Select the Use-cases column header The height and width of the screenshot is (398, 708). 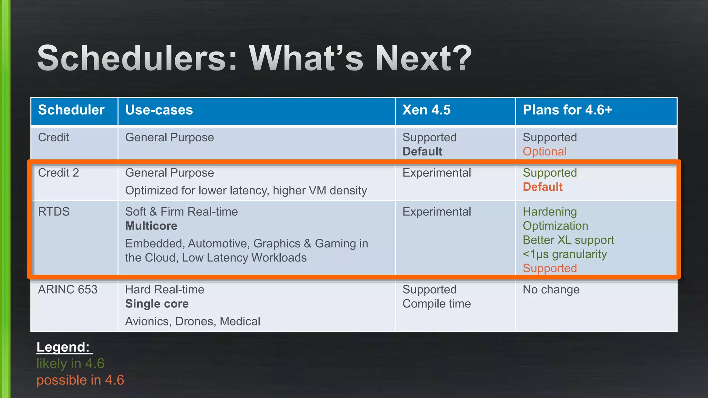point(159,110)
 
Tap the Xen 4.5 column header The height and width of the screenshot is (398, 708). point(426,110)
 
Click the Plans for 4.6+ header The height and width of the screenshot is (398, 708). point(567,110)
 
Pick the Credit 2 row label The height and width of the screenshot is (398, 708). point(58,173)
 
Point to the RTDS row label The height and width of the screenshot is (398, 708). point(54,211)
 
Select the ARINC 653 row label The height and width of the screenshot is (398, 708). point(68,290)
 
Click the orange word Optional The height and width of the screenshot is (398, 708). point(544,152)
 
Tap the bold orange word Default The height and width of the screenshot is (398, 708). point(542,187)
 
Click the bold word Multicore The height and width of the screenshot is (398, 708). point(151,226)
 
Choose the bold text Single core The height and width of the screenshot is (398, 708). point(157,304)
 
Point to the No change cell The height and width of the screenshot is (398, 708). point(551,290)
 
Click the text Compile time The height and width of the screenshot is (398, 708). point(437,304)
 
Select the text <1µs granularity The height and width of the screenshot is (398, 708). point(565,254)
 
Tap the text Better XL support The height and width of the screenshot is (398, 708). point(568,240)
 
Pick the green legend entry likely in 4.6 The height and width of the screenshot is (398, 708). point(70,363)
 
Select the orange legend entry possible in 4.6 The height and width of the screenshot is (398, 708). point(80,380)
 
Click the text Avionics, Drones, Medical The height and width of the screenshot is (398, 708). point(193,321)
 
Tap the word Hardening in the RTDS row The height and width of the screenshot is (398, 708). point(550,212)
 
